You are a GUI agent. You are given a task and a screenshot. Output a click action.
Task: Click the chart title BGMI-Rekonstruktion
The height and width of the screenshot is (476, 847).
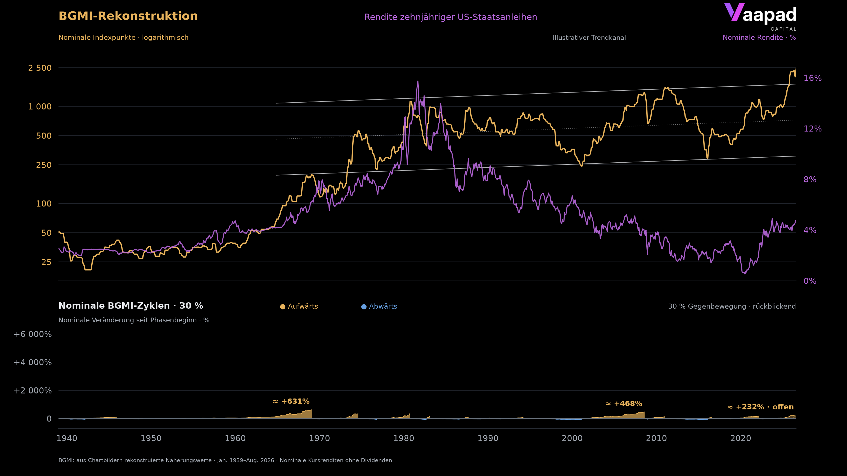[x=128, y=16]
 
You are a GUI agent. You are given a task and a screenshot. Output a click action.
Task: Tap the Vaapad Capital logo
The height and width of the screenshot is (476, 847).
[x=760, y=17]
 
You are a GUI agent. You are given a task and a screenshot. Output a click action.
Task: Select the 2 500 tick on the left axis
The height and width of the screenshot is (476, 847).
[x=40, y=68]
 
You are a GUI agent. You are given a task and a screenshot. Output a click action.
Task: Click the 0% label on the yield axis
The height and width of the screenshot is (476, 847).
[x=810, y=281]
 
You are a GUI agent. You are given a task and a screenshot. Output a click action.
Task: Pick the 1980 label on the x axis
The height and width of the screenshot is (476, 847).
[x=403, y=438]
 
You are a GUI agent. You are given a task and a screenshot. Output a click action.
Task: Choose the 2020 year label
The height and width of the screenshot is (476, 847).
[x=741, y=438]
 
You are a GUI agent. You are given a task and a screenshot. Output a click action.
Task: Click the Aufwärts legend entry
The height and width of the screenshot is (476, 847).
[x=299, y=306]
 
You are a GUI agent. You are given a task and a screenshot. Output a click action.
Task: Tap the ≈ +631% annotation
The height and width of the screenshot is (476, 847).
[x=291, y=401]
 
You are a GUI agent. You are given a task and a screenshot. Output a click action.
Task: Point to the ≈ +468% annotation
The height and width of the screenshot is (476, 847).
[x=624, y=404]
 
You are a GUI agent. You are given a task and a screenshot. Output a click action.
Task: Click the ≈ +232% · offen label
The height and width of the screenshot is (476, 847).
[x=760, y=407]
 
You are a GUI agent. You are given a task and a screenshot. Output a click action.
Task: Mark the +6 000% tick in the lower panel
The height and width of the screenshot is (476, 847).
[x=33, y=335]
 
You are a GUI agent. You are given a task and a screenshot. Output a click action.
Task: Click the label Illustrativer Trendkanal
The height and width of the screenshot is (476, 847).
[x=589, y=38]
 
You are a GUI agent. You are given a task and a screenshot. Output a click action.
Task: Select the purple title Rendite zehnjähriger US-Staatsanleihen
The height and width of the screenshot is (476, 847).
[x=450, y=17]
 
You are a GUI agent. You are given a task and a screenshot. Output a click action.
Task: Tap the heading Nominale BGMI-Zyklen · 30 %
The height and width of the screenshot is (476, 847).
[x=131, y=306]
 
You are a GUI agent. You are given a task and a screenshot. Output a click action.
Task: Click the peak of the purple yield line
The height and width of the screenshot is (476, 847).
[x=418, y=81]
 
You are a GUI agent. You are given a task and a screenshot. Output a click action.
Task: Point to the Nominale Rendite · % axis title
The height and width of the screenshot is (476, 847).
[x=759, y=38]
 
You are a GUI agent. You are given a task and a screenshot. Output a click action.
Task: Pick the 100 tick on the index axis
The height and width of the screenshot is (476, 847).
[x=44, y=204]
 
